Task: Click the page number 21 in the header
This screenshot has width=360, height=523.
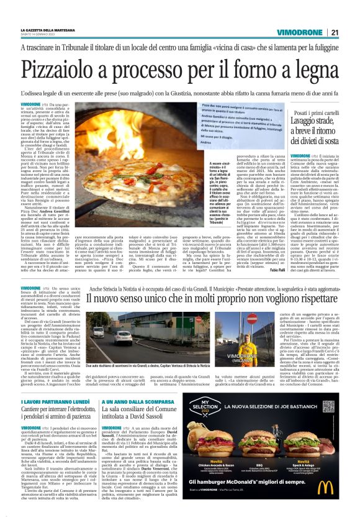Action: click(x=334, y=33)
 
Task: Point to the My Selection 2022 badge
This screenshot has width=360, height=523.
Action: click(x=212, y=414)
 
